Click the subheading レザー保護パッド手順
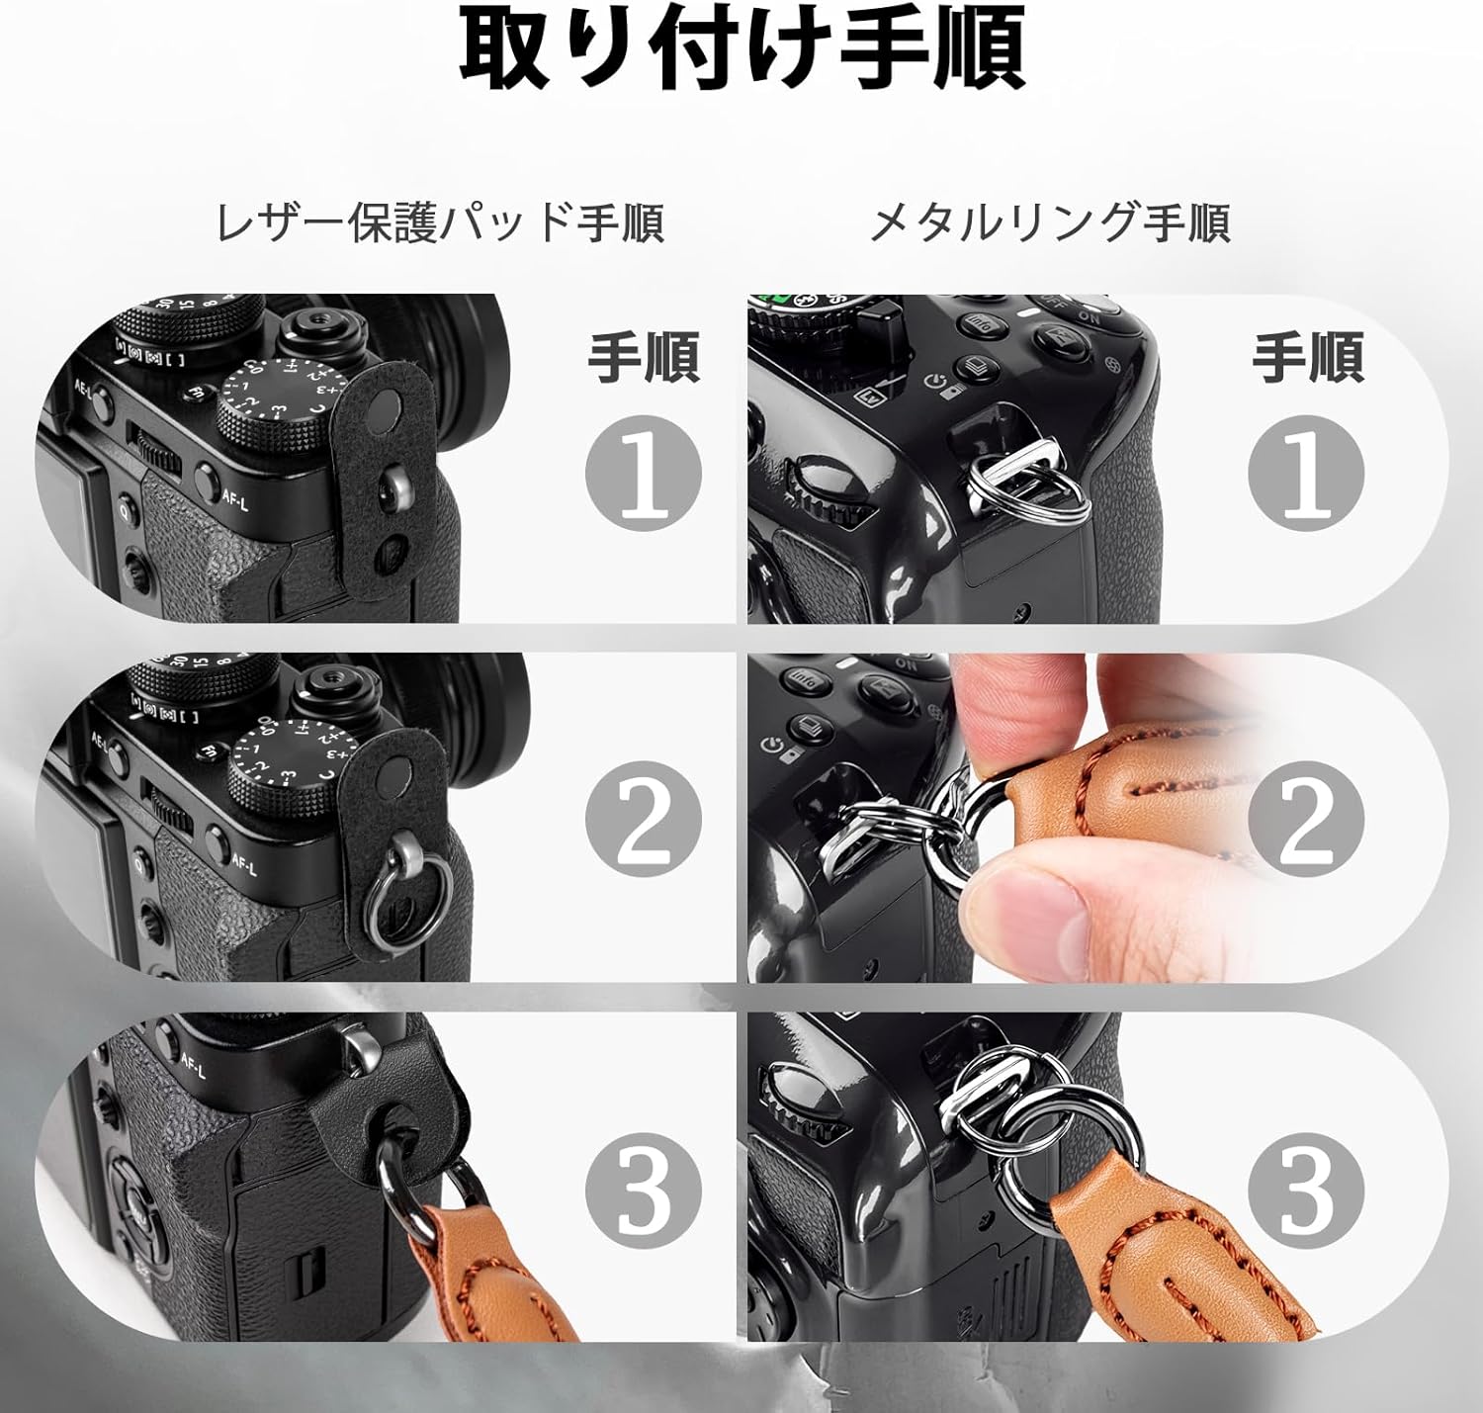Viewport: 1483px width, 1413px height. click(440, 222)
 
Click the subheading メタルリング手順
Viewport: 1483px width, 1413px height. click(1049, 222)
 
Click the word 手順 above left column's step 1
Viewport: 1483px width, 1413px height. click(644, 358)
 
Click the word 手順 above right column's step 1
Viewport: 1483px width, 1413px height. click(1307, 358)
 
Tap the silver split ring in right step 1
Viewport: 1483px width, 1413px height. click(1028, 489)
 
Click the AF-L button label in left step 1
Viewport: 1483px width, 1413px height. click(235, 502)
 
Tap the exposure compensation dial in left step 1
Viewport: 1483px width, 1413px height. click(272, 400)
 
